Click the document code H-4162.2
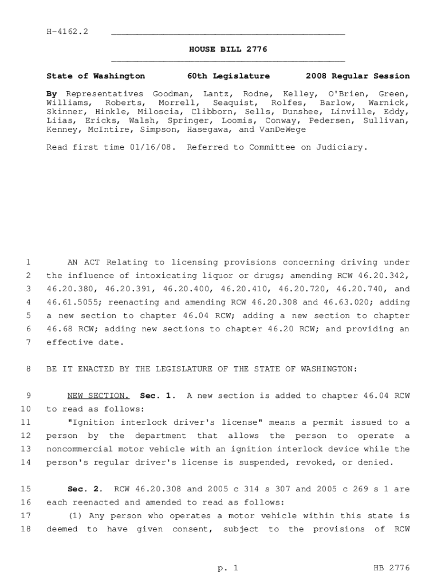pyautogui.click(x=67, y=32)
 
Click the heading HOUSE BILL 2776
pyautogui.click(x=228, y=50)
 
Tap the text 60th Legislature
pyautogui.click(x=229, y=76)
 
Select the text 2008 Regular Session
pyautogui.click(x=357, y=76)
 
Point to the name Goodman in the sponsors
pyautogui.click(x=170, y=93)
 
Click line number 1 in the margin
pyautogui.click(x=27, y=263)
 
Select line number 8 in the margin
pyautogui.click(x=27, y=369)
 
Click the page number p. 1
pyautogui.click(x=227, y=568)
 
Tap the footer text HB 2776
pyautogui.click(x=391, y=568)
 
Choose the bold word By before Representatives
pyautogui.click(x=52, y=93)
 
